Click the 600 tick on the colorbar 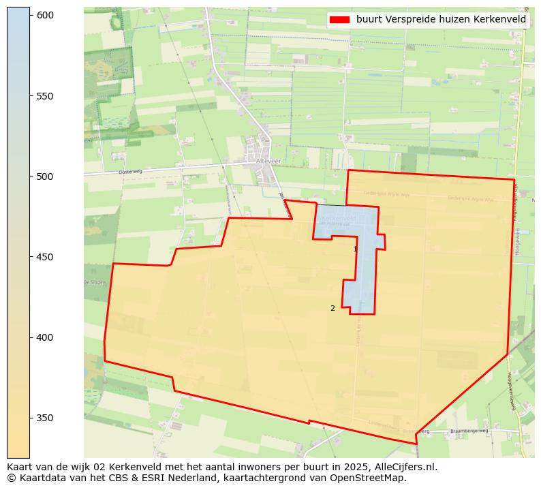point(45,15)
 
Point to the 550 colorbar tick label point(45,95)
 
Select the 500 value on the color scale point(45,177)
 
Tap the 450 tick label point(45,257)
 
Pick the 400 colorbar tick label point(45,337)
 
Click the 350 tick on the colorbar point(45,418)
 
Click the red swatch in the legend point(339,20)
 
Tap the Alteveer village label point(268,161)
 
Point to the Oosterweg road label point(129,172)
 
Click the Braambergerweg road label point(469,431)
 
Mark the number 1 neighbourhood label point(355,249)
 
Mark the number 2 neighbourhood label point(333,308)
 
